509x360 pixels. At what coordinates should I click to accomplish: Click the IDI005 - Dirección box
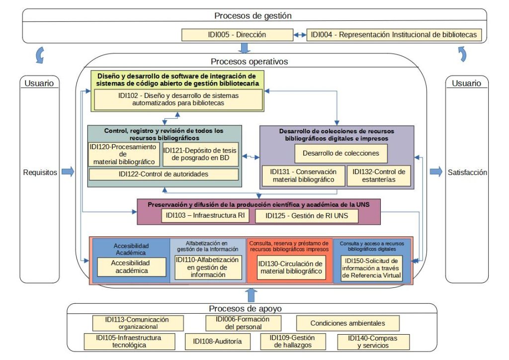(x=237, y=35)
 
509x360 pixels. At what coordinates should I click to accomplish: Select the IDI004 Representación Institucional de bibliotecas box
(x=394, y=35)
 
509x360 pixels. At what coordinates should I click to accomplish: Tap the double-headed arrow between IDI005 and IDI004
(x=300, y=35)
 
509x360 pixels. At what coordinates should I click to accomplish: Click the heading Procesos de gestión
(x=253, y=15)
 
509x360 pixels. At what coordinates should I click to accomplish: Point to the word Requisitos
(x=40, y=173)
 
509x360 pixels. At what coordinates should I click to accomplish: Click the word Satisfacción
(x=467, y=173)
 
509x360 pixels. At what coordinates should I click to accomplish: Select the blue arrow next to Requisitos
(x=68, y=172)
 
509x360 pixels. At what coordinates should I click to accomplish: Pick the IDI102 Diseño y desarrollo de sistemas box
(x=178, y=99)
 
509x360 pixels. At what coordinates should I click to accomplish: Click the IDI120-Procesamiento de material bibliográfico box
(x=124, y=155)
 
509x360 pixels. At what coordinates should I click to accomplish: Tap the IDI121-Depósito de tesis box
(x=200, y=155)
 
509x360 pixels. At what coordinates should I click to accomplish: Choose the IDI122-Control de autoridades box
(x=164, y=175)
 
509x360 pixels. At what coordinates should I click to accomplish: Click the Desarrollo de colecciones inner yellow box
(x=341, y=153)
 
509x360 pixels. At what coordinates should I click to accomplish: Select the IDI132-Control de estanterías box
(x=379, y=176)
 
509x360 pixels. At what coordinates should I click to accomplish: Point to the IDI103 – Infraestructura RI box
(x=205, y=215)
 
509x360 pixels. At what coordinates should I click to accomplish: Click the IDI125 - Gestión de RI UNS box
(x=307, y=216)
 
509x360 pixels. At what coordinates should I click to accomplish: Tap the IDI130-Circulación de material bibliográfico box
(x=291, y=268)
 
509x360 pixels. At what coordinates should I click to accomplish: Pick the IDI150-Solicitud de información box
(x=371, y=268)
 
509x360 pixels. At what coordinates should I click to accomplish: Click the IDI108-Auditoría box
(x=218, y=342)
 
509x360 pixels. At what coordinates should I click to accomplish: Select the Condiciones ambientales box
(x=347, y=323)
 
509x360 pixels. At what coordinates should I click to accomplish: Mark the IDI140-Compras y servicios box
(x=373, y=342)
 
